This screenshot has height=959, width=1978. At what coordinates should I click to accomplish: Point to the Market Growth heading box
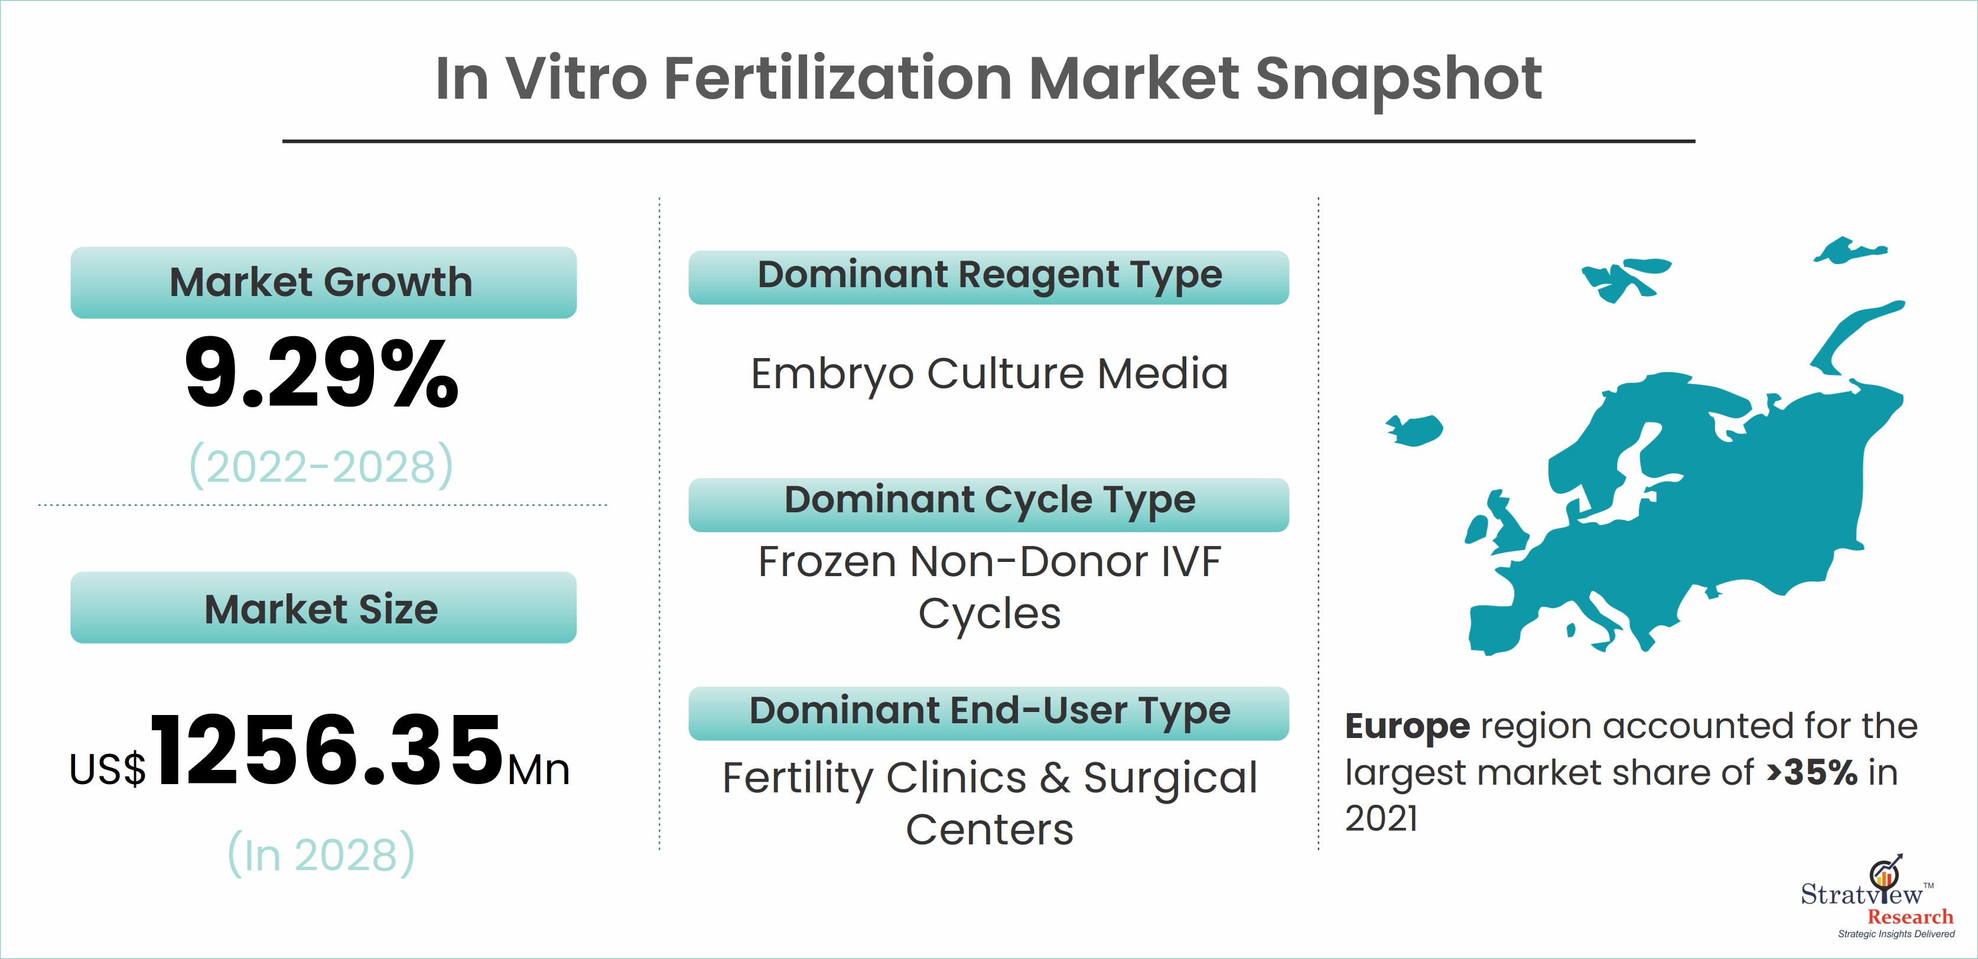pos(323,282)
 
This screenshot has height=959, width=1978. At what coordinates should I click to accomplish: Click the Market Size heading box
pos(323,607)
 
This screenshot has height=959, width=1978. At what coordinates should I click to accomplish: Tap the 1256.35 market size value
pos(326,749)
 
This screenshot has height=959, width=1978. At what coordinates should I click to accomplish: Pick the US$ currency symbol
pos(108,769)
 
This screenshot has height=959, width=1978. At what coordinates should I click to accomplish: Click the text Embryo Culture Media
pos(989,375)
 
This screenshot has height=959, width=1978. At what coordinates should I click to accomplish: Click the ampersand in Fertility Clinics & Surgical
pos(1055,778)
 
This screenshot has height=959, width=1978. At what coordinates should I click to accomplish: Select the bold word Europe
pos(1407,726)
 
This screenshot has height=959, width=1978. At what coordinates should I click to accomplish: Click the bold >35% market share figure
pos(1811,772)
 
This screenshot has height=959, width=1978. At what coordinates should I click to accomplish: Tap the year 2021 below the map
pos(1381,818)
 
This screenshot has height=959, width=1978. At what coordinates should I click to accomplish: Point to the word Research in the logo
pos(1911,917)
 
